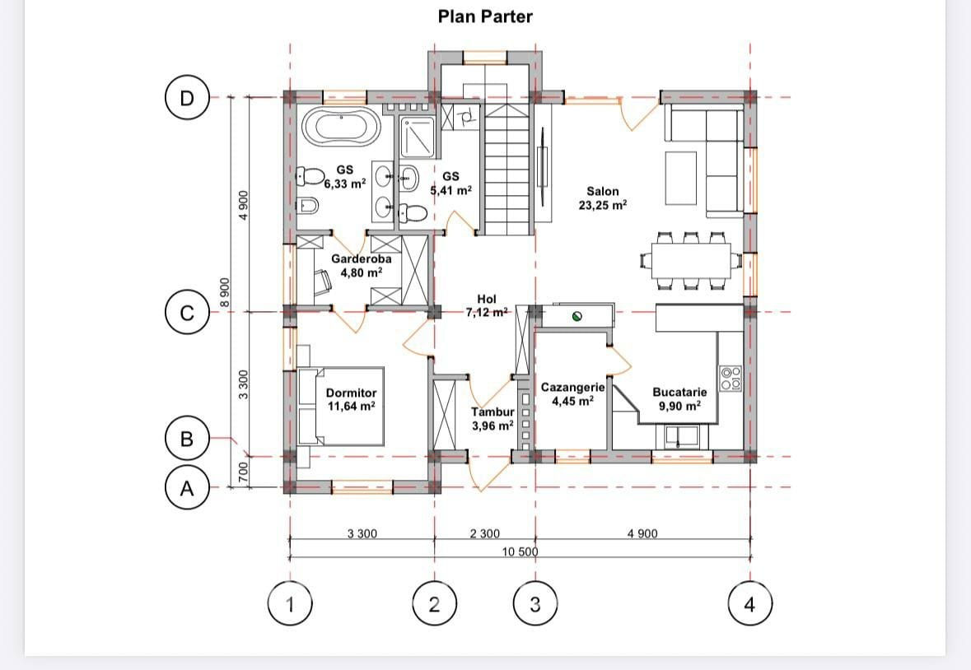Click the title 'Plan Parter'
coord(485,16)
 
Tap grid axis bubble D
coord(187,98)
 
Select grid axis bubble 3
coord(535,603)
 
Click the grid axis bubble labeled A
coord(187,488)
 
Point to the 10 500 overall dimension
coord(520,551)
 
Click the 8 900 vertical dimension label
coord(225,291)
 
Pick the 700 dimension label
coord(244,472)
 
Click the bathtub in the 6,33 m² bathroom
coord(341,128)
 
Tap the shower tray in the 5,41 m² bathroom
coord(418,137)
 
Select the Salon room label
coord(603,191)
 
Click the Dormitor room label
coord(351,393)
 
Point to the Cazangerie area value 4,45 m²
coord(573,401)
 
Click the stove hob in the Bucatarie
coord(731,378)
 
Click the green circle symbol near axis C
coord(577,317)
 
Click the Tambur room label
coord(493,412)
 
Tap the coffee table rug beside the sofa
coord(681,178)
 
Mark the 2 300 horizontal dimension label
coord(485,533)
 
